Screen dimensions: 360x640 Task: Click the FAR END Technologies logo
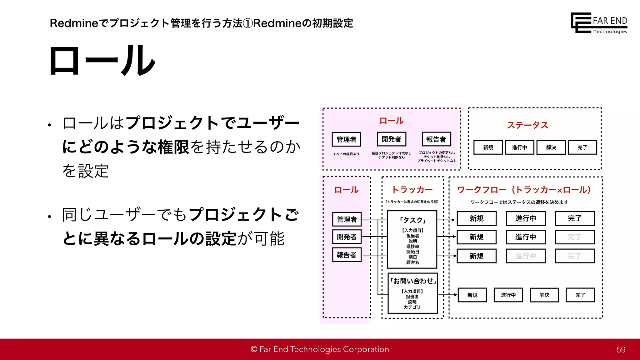coord(598,23)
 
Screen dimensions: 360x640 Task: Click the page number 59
coord(621,350)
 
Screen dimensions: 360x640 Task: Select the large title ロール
coord(102,60)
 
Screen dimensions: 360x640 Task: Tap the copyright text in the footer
coord(320,349)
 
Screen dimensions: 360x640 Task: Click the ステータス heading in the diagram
coord(527,125)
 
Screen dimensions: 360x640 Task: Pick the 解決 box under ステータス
coord(551,147)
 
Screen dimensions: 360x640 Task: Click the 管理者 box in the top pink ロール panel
coord(346,139)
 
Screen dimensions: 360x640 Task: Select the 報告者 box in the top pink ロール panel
coord(436,139)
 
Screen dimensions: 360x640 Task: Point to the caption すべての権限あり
coord(346,154)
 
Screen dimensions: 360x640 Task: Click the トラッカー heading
coord(412,190)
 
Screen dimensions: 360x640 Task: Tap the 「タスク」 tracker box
coord(412,239)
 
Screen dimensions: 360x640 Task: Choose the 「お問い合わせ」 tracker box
coord(412,293)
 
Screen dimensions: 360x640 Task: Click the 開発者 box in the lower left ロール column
coord(347,237)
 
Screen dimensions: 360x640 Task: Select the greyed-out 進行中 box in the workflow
coord(526,256)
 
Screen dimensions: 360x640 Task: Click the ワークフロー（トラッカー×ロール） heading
coord(524,190)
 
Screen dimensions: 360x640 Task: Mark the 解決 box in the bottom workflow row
coord(544,295)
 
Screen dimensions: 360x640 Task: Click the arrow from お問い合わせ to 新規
coord(447,295)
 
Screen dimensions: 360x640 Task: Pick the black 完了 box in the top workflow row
coord(574,218)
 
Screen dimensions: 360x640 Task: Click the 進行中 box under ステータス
coord(519,147)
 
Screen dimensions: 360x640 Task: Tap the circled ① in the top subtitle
coord(248,23)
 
